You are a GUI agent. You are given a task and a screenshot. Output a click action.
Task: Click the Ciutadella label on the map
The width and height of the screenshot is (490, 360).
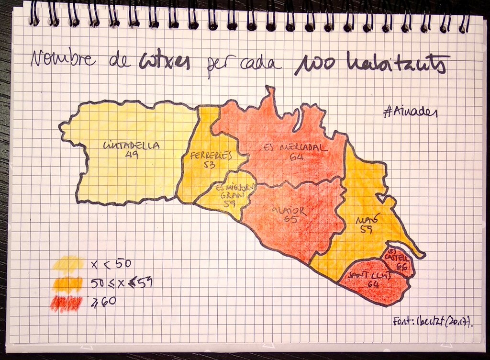[x=131, y=146]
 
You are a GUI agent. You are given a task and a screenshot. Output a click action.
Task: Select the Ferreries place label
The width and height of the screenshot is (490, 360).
[x=211, y=156]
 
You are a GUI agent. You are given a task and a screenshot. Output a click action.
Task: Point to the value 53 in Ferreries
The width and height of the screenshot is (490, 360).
[x=209, y=165]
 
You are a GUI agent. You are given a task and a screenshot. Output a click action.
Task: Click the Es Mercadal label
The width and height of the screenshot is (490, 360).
[x=296, y=147]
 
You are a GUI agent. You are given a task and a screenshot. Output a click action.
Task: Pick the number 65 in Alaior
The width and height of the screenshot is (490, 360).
[x=290, y=219]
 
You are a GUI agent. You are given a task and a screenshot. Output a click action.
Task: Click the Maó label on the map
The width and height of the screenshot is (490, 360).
[x=367, y=220]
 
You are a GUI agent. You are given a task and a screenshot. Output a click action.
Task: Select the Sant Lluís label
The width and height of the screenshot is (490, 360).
[x=370, y=275]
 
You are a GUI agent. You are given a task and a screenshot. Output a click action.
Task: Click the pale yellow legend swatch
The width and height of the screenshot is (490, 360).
[x=68, y=263]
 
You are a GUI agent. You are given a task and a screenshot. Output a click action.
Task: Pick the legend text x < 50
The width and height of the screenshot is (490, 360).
[x=111, y=263]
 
